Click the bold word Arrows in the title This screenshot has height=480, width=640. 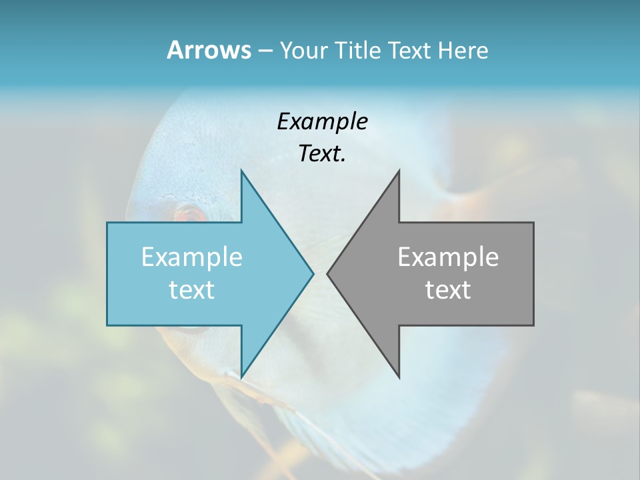209,50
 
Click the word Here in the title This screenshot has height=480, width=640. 463,51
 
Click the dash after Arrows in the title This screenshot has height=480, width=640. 265,51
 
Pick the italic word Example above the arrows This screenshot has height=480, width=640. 322,122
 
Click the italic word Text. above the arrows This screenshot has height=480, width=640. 322,154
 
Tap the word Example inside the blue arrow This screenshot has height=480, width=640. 192,257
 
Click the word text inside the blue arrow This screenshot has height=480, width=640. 192,290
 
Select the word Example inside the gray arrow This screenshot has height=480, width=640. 448,257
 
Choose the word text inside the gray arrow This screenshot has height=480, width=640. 448,290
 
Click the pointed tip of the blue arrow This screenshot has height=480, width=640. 313,273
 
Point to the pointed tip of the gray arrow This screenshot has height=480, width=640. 327,273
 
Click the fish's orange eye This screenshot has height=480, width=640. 189,215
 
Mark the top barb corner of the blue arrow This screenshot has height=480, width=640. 241,171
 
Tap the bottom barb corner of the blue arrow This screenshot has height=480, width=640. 241,377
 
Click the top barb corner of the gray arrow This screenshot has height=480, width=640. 399,171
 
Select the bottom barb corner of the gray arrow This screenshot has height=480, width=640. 399,377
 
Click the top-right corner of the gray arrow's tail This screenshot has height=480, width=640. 533,223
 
